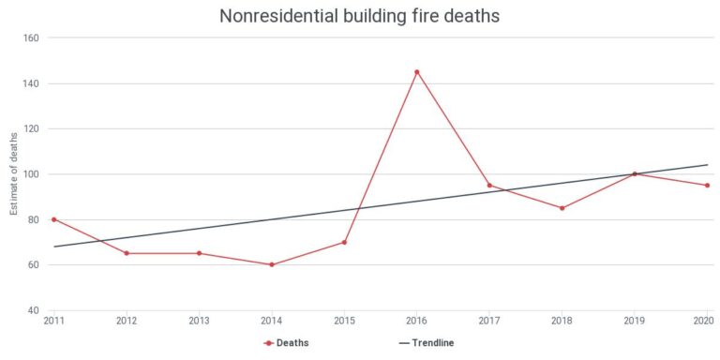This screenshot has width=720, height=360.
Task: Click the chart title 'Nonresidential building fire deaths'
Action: click(x=359, y=16)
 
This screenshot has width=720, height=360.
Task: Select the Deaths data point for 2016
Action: click(x=417, y=72)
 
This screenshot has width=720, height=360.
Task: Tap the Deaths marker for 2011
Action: click(x=54, y=219)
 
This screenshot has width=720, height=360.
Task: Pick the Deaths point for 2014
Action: click(x=272, y=264)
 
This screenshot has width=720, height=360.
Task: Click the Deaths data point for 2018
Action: click(x=562, y=208)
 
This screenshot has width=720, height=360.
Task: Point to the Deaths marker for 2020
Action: click(x=707, y=186)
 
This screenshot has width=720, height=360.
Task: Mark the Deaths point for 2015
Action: click(x=345, y=242)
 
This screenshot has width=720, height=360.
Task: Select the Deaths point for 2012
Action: click(x=127, y=253)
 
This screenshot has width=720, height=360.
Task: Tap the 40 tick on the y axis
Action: click(x=33, y=310)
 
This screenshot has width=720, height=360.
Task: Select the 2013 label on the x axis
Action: click(x=200, y=321)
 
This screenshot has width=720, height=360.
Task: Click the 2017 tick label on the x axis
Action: click(x=489, y=321)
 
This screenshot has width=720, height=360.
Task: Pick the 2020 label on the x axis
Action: click(x=702, y=321)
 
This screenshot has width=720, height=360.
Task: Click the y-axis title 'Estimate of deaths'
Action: click(x=14, y=174)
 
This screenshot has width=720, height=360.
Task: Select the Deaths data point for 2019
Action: click(x=635, y=173)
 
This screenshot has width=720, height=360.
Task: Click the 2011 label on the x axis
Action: click(x=54, y=321)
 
